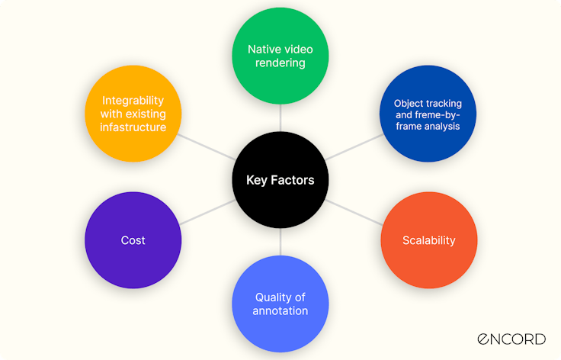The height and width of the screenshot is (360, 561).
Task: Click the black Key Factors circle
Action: tap(280, 180)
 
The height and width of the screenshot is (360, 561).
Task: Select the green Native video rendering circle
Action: tap(280, 56)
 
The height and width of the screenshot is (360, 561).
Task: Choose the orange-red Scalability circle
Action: tap(428, 240)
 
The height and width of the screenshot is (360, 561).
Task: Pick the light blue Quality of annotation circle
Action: tap(280, 304)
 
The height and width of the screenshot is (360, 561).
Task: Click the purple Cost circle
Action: tap(133, 240)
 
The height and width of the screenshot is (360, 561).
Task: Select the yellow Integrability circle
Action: tap(133, 114)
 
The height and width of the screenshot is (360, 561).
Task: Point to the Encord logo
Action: tap(511, 339)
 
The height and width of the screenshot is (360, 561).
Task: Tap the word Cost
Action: tap(133, 240)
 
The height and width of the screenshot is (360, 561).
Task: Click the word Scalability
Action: tap(428, 240)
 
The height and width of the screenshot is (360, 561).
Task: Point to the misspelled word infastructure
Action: tap(133, 127)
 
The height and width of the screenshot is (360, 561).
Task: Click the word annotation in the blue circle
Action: tap(280, 310)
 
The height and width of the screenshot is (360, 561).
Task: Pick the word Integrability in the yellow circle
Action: tap(133, 101)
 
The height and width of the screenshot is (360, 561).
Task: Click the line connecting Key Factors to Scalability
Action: tap(354, 212)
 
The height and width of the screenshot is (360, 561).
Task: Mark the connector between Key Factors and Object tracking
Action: tap(354, 148)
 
